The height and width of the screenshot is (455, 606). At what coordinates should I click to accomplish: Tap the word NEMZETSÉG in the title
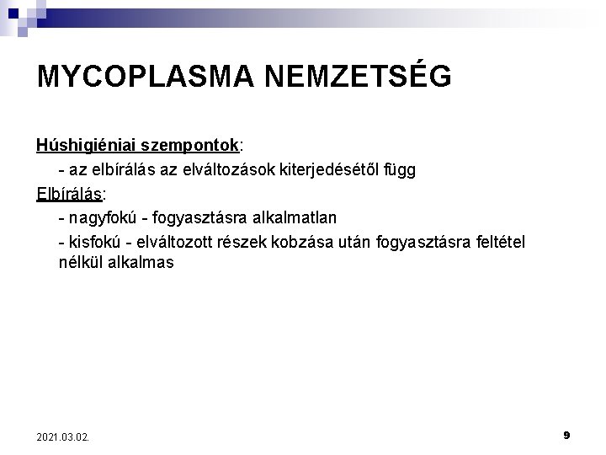coord(359,76)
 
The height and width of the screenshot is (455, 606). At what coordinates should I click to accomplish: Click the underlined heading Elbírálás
coord(68,194)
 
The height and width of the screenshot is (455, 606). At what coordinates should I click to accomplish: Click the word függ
coord(398,170)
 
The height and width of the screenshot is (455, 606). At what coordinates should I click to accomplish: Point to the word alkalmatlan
coord(294,218)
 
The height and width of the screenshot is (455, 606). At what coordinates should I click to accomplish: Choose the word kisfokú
coord(93,243)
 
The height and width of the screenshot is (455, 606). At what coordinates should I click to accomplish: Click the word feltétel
coord(497,243)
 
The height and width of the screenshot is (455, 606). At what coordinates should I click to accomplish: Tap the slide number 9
coord(566,435)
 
